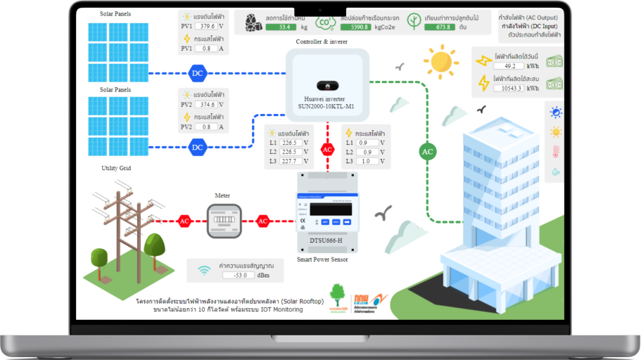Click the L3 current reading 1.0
367,161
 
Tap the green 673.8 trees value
442,27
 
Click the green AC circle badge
427,151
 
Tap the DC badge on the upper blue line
197,72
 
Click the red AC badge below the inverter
327,149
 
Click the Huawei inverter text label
328,103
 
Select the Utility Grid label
116,168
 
